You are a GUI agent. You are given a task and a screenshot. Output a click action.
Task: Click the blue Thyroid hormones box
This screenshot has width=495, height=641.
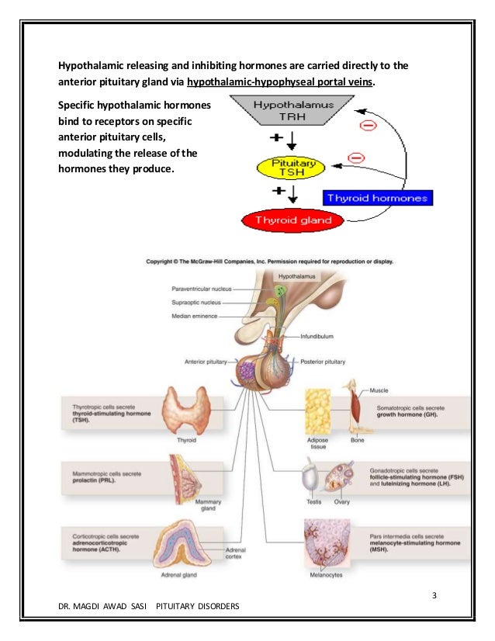(x=377, y=198)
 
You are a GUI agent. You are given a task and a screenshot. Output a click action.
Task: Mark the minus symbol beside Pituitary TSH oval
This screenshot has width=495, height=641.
(x=356, y=158)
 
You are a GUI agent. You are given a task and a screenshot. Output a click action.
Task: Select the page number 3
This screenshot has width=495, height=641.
(x=434, y=595)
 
